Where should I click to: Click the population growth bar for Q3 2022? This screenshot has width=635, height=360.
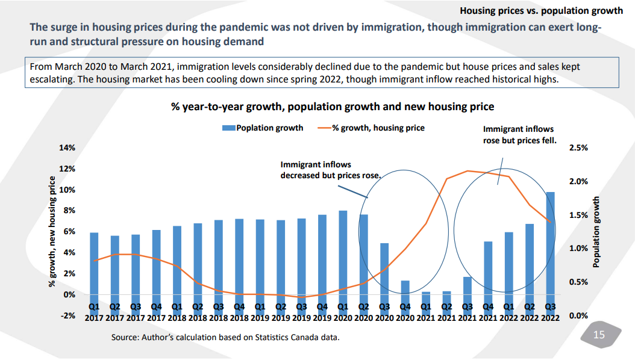coord(550,243)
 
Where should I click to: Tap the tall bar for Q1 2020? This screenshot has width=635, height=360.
coord(343,252)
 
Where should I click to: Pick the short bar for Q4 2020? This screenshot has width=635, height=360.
coord(405,287)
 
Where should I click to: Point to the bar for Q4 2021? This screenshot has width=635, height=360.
coord(488,268)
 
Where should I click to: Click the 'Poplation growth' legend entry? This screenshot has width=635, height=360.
coord(263,128)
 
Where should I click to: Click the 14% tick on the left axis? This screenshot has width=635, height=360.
coord(67,148)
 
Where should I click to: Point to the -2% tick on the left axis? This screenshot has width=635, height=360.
coord(67,315)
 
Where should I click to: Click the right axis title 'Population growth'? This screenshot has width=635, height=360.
coord(596,232)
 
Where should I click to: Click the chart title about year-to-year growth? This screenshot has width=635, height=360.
coord(333,107)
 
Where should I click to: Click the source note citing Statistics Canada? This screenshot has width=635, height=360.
coord(225,337)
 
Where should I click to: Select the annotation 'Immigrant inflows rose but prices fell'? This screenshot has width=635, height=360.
coord(519,135)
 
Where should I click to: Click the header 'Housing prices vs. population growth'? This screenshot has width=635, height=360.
coord(541,11)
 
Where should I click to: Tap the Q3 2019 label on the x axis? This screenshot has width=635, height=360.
coord(302,312)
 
